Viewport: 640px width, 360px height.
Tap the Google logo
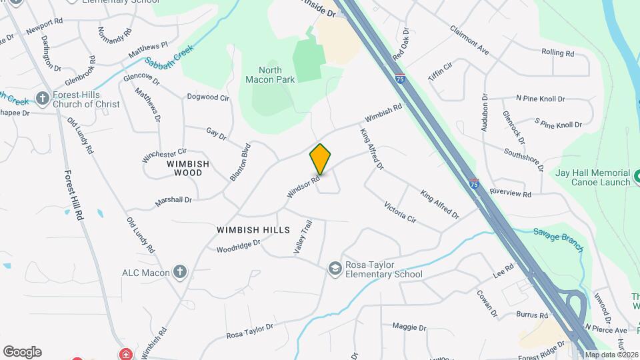22,352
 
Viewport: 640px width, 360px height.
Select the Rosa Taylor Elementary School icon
335,268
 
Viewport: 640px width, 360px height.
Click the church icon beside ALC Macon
179,272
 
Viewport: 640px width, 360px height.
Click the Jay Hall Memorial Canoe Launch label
593,177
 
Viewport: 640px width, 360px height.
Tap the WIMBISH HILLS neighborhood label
253,230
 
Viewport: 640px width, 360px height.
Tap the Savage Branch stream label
558,239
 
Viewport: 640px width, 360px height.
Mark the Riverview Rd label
510,193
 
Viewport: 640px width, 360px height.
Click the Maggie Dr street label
409,327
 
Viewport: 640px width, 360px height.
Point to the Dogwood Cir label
208,97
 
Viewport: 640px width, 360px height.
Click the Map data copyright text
611,355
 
